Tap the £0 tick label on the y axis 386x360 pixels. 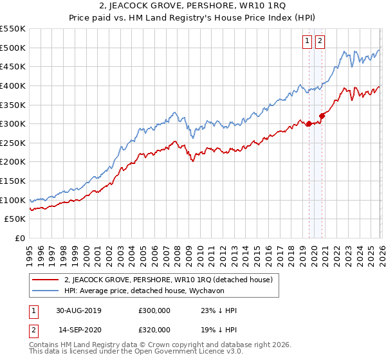(20, 239)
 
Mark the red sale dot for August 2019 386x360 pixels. (309, 124)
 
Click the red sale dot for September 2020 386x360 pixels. (322, 116)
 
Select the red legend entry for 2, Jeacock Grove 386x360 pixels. (169, 280)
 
